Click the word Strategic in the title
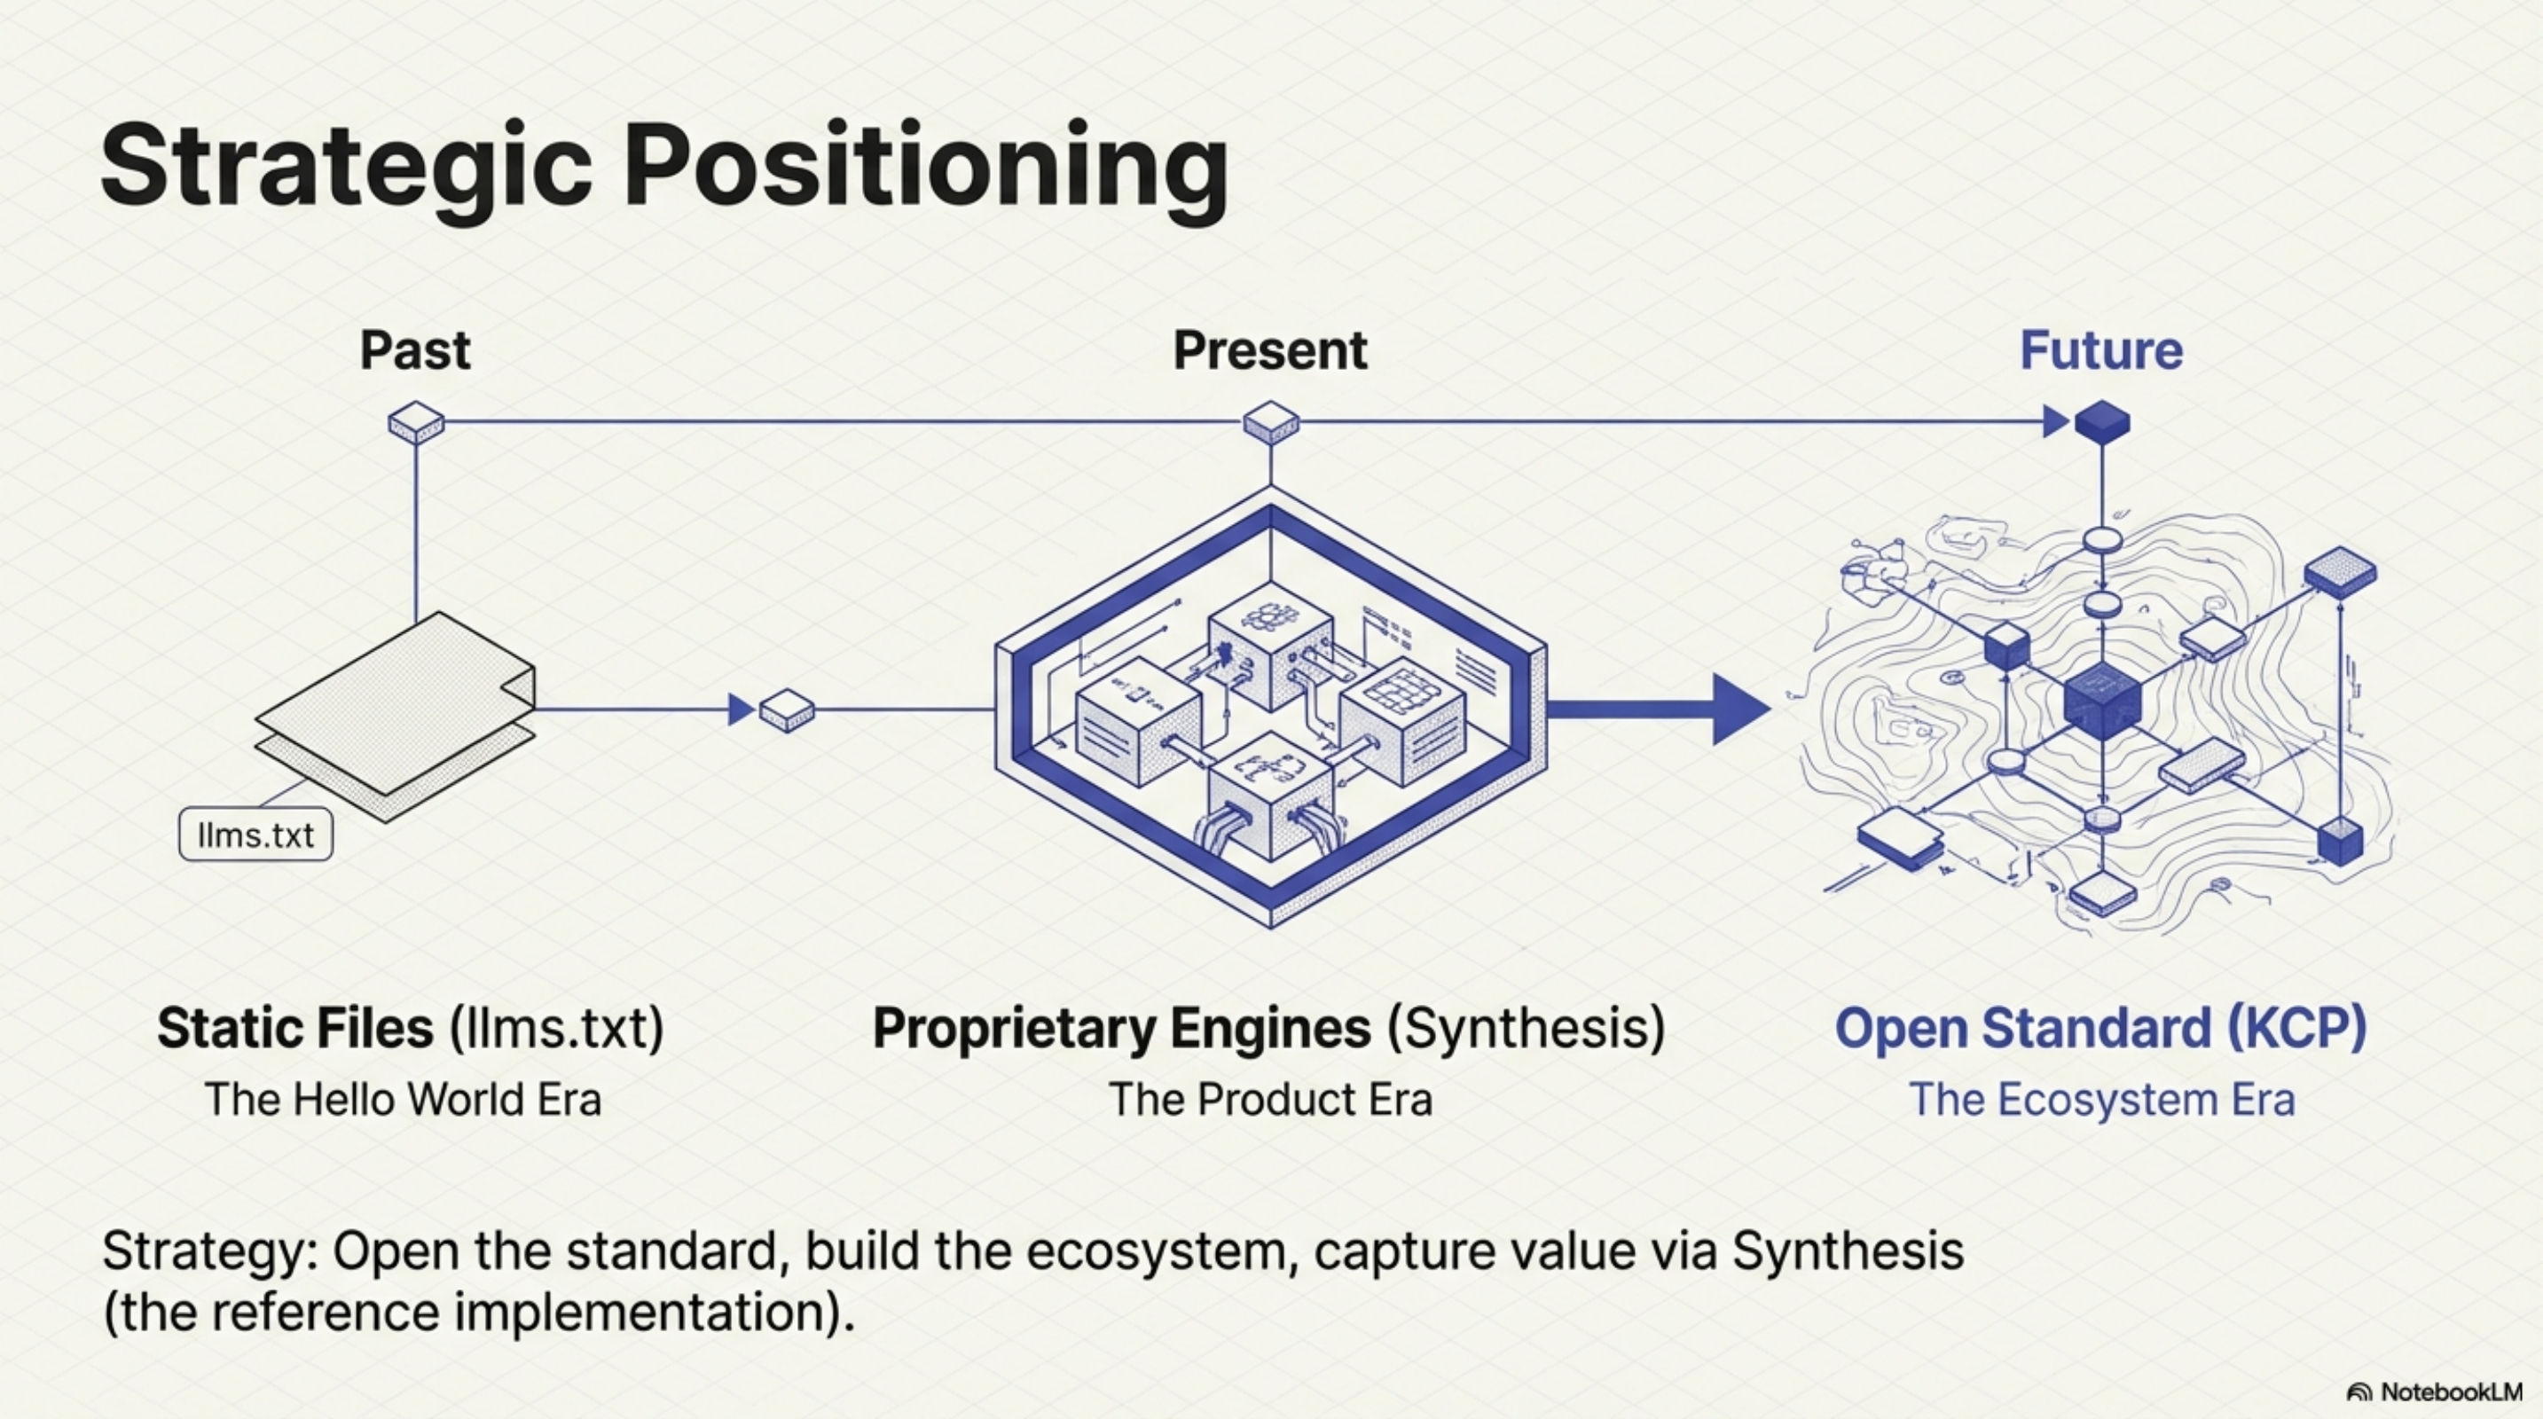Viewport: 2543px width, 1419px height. (346, 166)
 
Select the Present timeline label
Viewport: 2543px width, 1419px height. (1269, 350)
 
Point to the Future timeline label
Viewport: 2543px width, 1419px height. (2100, 350)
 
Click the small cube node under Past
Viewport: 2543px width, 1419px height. (416, 422)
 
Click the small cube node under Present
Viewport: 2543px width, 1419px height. (1270, 422)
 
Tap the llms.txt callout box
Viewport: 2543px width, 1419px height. (255, 835)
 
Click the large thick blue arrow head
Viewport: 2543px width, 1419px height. (1738, 709)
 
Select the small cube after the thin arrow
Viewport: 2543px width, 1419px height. (787, 709)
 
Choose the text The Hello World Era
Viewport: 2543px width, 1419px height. (403, 1099)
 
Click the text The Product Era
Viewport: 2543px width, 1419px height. (1269, 1099)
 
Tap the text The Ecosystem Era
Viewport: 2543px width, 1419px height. (2100, 1099)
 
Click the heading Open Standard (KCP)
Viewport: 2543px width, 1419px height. (2100, 1028)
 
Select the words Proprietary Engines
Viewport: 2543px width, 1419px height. (1121, 1028)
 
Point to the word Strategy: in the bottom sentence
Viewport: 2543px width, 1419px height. (208, 1251)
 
